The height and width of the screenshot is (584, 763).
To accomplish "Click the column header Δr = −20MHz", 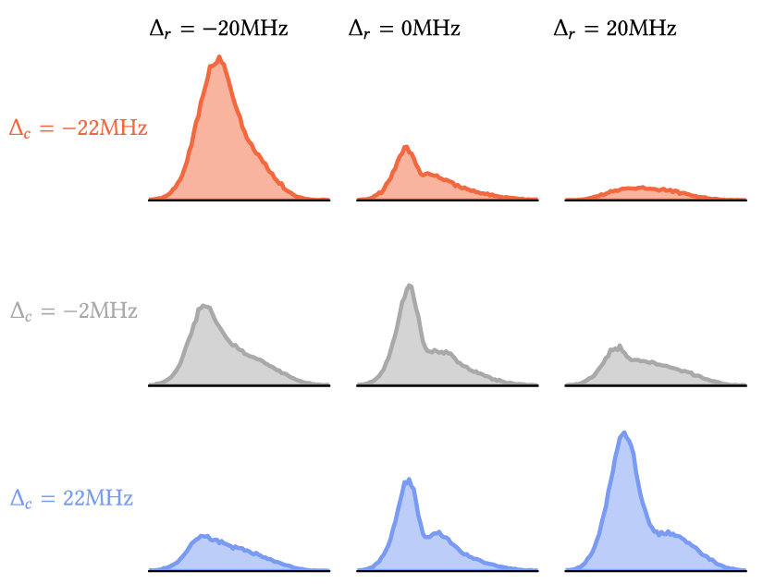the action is tap(218, 29).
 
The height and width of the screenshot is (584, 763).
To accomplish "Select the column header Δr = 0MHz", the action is tap(404, 29).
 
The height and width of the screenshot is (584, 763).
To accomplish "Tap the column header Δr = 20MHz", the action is tap(615, 29).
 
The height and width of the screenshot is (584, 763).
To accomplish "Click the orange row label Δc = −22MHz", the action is tap(78, 128).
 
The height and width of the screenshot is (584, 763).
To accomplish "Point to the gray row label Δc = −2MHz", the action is tap(73, 311).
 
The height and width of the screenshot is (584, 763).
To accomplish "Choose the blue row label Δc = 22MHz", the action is tap(71, 498).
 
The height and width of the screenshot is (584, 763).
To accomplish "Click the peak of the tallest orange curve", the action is tap(219, 58).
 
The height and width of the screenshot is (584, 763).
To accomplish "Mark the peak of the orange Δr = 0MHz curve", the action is tap(406, 147).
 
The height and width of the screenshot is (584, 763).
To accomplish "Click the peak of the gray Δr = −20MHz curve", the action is tap(204, 307).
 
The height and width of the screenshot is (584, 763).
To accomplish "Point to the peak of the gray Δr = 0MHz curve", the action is tap(410, 286).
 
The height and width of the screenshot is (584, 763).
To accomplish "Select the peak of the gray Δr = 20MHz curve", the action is tap(620, 346).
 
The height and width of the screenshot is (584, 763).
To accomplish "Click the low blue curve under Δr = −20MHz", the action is tap(205, 537).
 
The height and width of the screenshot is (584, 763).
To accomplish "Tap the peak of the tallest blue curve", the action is tap(624, 432).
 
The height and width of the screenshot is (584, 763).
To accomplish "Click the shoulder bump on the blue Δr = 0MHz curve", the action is tap(439, 532).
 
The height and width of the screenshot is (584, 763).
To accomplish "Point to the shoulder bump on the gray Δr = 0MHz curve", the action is tap(440, 350).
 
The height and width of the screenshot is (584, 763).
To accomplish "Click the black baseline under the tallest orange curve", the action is tap(240, 200).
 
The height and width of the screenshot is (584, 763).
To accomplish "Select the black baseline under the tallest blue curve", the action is tap(656, 570).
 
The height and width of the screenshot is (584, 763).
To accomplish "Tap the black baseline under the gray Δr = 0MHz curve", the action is tap(448, 385).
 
